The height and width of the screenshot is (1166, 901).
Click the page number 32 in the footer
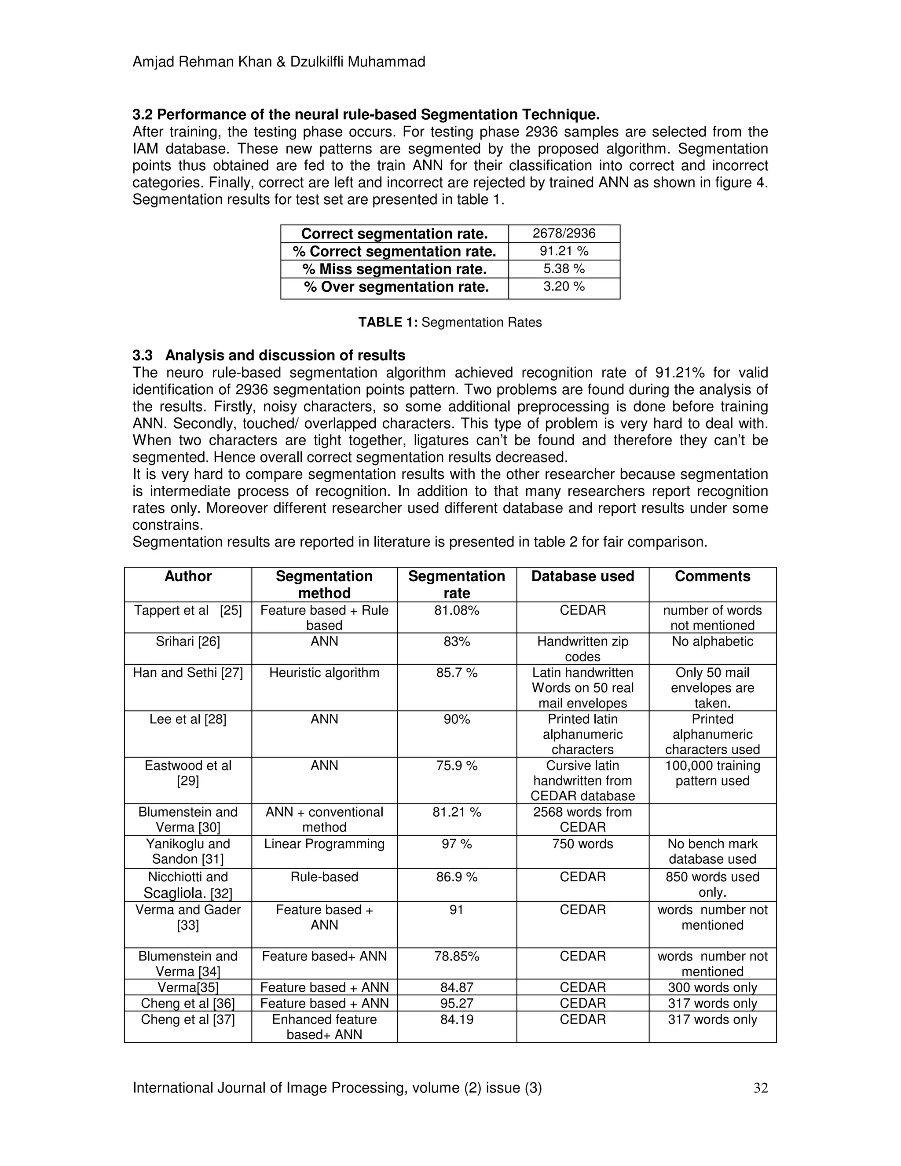[x=761, y=1088]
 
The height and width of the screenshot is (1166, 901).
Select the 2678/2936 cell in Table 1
[x=564, y=233]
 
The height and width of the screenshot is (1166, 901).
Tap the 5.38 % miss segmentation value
[x=564, y=268]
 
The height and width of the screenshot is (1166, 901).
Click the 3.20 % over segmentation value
[x=564, y=287]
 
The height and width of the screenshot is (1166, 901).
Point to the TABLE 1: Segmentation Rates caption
[x=450, y=323]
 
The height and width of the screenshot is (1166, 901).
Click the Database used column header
[x=582, y=576]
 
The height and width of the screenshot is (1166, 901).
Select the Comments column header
[x=712, y=576]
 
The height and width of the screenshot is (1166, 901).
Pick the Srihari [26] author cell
[x=188, y=642]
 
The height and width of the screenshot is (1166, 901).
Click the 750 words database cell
[x=582, y=844]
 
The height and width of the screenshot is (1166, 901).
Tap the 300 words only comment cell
[x=712, y=988]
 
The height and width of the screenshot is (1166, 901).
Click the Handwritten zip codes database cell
[x=582, y=649]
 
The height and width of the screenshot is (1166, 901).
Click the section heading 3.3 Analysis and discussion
[x=268, y=356]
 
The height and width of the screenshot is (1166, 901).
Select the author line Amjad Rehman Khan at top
[x=278, y=62]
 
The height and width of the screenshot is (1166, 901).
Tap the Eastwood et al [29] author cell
[x=188, y=773]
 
